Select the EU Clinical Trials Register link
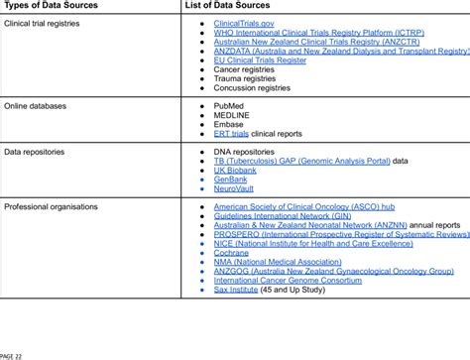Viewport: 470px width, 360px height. pyautogui.click(x=260, y=60)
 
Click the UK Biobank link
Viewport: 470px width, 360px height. pyautogui.click(x=234, y=171)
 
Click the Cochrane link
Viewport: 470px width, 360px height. pyautogui.click(x=231, y=252)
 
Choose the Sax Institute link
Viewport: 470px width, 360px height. pyautogui.click(x=236, y=290)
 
